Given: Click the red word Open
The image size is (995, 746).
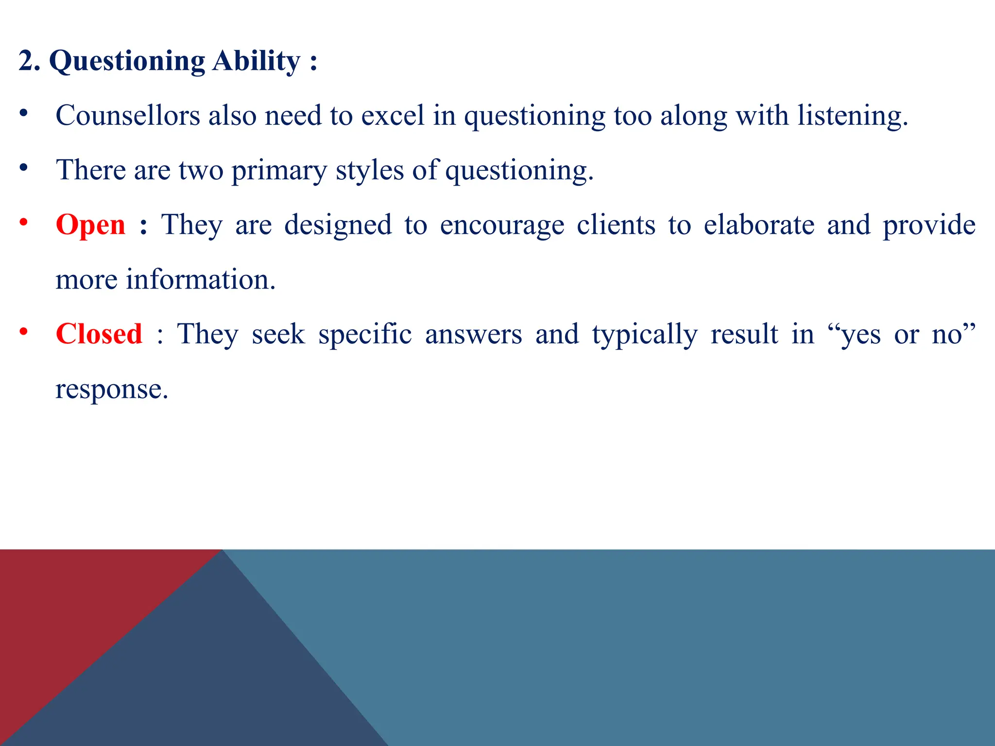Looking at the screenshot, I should [x=90, y=225].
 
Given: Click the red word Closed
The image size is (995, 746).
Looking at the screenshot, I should [x=99, y=335].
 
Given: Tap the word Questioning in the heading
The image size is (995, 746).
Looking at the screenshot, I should [x=127, y=62].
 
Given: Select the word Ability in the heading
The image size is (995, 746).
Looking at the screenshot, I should [x=256, y=62].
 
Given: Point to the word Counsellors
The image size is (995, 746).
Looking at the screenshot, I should [x=128, y=116].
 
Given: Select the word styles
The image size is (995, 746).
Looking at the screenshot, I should [x=369, y=171].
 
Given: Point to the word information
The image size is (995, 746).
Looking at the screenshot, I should [x=200, y=280].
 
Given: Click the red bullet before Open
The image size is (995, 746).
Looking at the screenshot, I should [x=23, y=223].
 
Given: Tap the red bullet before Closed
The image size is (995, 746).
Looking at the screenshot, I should [x=23, y=332].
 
